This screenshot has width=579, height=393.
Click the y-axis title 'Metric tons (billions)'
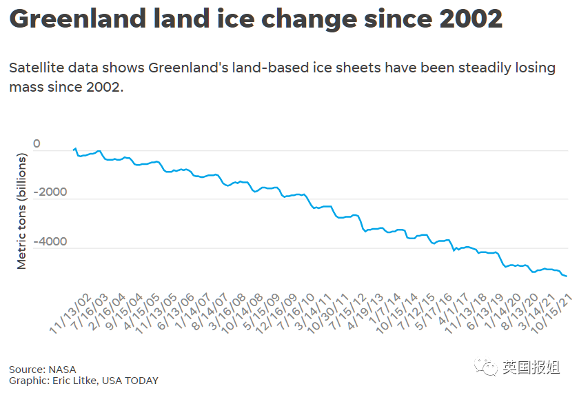click(21, 212)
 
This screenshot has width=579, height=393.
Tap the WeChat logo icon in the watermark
click(490, 367)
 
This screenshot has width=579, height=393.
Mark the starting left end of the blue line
click(73, 149)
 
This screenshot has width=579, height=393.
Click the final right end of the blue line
click(567, 276)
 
